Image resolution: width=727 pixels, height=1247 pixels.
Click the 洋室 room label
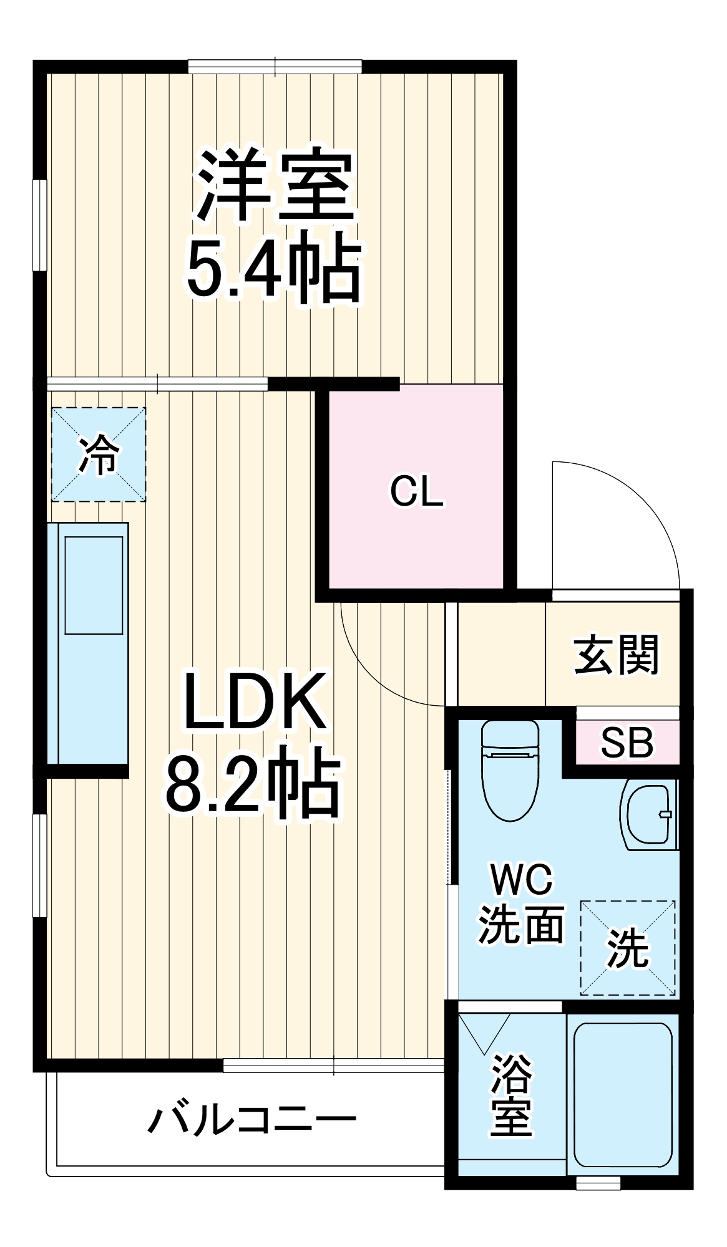tap(275, 185)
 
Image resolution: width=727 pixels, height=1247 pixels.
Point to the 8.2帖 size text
tap(253, 783)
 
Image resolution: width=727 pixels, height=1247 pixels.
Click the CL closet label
tap(416, 491)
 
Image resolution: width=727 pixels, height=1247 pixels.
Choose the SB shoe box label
tap(627, 743)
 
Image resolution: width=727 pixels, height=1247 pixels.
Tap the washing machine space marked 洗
tap(628, 948)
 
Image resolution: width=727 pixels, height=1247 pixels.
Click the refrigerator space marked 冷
tap(99, 455)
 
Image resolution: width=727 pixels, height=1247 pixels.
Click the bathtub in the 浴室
tap(622, 1094)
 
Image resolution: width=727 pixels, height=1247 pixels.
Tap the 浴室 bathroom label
tap(512, 1095)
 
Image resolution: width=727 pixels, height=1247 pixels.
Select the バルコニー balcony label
tap(251, 1120)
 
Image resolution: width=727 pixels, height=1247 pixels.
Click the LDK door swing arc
tap(374, 673)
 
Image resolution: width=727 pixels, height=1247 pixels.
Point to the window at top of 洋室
tap(275, 66)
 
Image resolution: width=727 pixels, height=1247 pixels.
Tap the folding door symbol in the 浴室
tap(484, 1032)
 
